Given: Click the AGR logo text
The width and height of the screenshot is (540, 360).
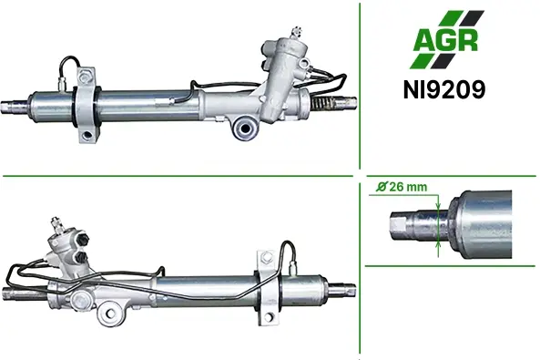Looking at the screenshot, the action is coord(445,40).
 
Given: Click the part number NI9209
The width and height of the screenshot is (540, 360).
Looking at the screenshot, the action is coord(444,89).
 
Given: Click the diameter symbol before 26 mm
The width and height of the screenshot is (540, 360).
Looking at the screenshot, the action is coord(382,187).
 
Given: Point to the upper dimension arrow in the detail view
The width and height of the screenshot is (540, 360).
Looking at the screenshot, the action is coord(438,202).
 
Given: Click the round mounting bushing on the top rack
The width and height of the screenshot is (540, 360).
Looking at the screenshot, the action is coord(245,129).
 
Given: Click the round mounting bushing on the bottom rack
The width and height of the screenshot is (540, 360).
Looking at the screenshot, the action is coord(110,314).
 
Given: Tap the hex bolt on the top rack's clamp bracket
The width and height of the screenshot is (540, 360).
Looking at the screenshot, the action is coord(85,77).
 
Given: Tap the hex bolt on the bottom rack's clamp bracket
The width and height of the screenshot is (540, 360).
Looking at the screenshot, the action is coord(266,257).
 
